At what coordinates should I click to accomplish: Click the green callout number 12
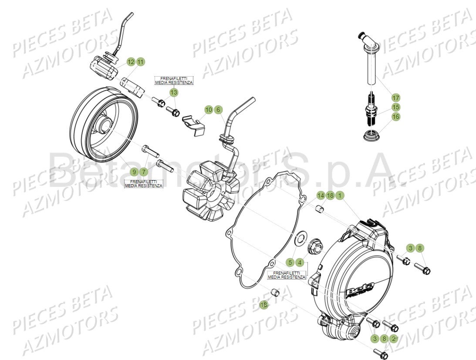tap(131, 62)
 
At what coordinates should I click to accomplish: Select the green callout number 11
tap(140, 62)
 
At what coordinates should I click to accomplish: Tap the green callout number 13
tap(174, 92)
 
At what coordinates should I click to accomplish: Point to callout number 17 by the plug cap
tap(395, 98)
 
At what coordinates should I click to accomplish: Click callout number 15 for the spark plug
tap(395, 107)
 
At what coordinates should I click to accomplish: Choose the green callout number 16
tap(395, 117)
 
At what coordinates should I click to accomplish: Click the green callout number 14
tap(321, 195)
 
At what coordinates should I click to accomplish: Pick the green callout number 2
tap(394, 338)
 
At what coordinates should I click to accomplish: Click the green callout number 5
tap(290, 262)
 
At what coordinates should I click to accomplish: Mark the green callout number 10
tap(209, 110)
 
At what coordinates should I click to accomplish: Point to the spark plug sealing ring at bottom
tap(371, 135)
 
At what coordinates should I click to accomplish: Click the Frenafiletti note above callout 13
tap(174, 80)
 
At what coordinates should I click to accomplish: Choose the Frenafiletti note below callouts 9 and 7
tap(143, 183)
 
